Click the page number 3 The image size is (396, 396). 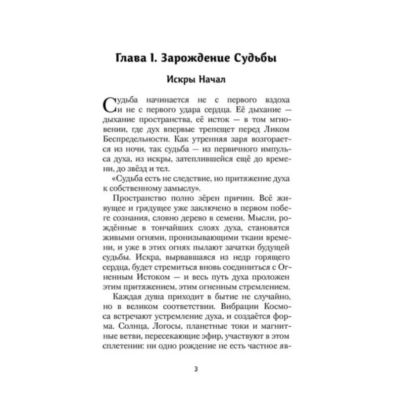pos(198,368)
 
